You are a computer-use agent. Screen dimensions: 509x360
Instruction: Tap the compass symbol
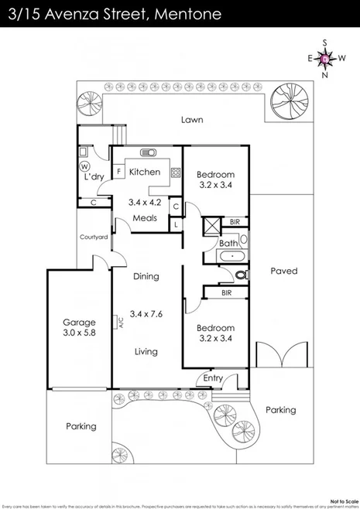click(x=324, y=59)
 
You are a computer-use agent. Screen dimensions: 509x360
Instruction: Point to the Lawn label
click(x=192, y=120)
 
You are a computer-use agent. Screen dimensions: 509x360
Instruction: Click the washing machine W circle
click(x=84, y=166)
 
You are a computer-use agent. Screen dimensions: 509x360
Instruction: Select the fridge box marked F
click(x=119, y=171)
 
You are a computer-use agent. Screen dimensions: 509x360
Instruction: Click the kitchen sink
click(x=147, y=152)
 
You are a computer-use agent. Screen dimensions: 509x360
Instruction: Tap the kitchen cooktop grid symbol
click(x=176, y=173)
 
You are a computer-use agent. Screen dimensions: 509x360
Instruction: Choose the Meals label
click(x=144, y=218)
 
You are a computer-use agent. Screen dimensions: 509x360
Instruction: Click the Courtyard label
click(x=94, y=237)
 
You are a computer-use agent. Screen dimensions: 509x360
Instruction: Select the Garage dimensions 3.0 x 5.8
click(x=79, y=333)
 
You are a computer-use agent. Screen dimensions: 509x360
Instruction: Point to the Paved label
click(x=284, y=272)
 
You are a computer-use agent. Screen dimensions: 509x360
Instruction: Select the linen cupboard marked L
click(x=177, y=224)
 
